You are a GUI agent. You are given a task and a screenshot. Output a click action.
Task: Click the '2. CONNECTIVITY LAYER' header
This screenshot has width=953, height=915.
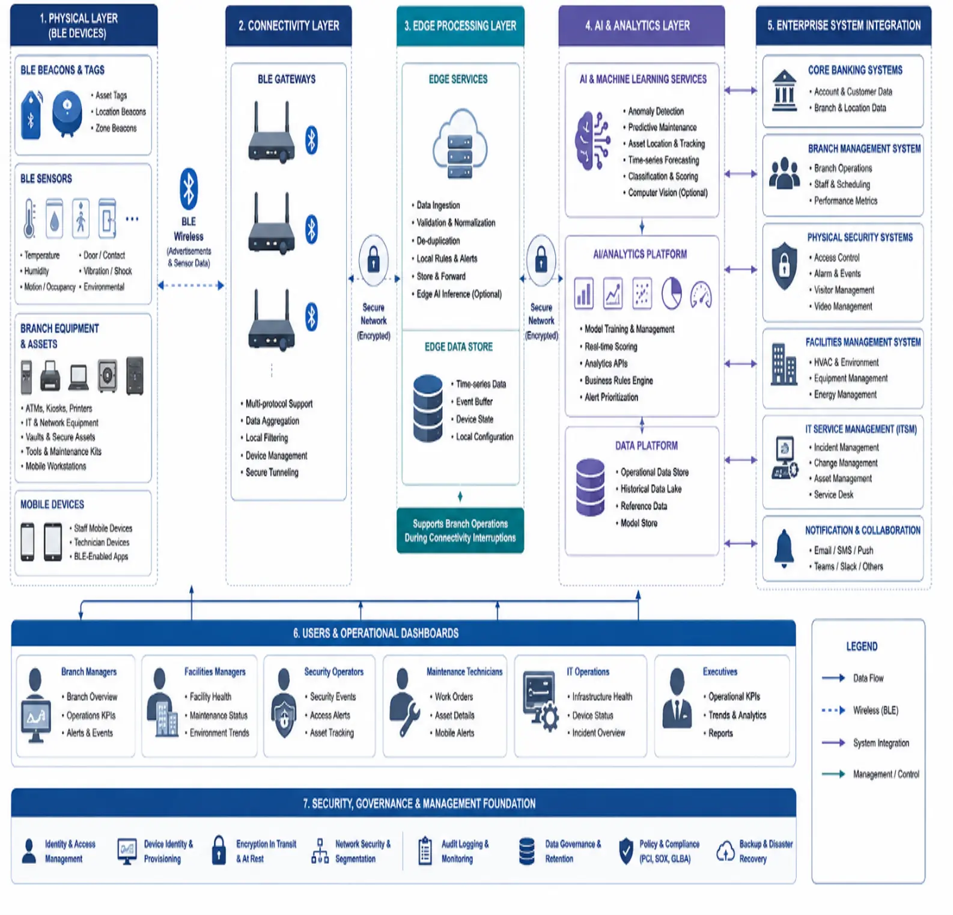point(288,26)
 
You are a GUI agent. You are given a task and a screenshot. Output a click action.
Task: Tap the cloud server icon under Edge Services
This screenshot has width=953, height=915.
point(460,144)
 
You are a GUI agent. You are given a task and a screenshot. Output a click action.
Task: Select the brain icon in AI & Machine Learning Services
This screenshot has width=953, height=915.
point(592,141)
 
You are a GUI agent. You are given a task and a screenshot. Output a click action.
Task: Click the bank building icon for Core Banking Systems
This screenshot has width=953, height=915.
point(784,90)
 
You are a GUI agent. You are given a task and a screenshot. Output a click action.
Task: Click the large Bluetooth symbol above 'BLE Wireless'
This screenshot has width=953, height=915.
point(189,189)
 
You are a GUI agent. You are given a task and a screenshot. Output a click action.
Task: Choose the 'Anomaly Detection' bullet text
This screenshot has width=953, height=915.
point(656,111)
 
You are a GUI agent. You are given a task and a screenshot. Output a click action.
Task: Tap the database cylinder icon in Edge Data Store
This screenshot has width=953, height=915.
point(428,408)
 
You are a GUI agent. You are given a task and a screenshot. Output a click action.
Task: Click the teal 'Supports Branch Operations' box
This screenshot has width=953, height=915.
point(460,531)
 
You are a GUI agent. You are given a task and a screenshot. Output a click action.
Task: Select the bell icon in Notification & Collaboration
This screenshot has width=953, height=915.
point(784,548)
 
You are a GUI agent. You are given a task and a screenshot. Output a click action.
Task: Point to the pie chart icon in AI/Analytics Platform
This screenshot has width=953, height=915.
point(671,293)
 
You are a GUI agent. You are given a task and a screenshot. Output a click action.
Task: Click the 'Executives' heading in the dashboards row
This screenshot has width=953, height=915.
point(720,672)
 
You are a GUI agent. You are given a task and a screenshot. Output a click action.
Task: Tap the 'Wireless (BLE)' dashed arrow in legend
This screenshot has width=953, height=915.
point(833,710)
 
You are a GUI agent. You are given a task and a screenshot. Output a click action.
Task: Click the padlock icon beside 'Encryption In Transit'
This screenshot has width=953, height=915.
point(219,850)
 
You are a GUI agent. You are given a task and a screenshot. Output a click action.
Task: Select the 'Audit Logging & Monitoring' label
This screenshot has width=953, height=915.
point(465,851)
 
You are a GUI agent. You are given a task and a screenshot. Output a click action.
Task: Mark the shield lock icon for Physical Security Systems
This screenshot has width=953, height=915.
point(784,266)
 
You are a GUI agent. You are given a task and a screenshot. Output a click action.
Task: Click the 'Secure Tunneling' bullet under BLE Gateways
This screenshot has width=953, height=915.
point(272,472)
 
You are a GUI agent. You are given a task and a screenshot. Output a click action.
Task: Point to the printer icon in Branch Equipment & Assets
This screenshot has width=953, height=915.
point(50,376)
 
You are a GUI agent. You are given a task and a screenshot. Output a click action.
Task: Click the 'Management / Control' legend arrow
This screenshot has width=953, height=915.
point(833,774)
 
